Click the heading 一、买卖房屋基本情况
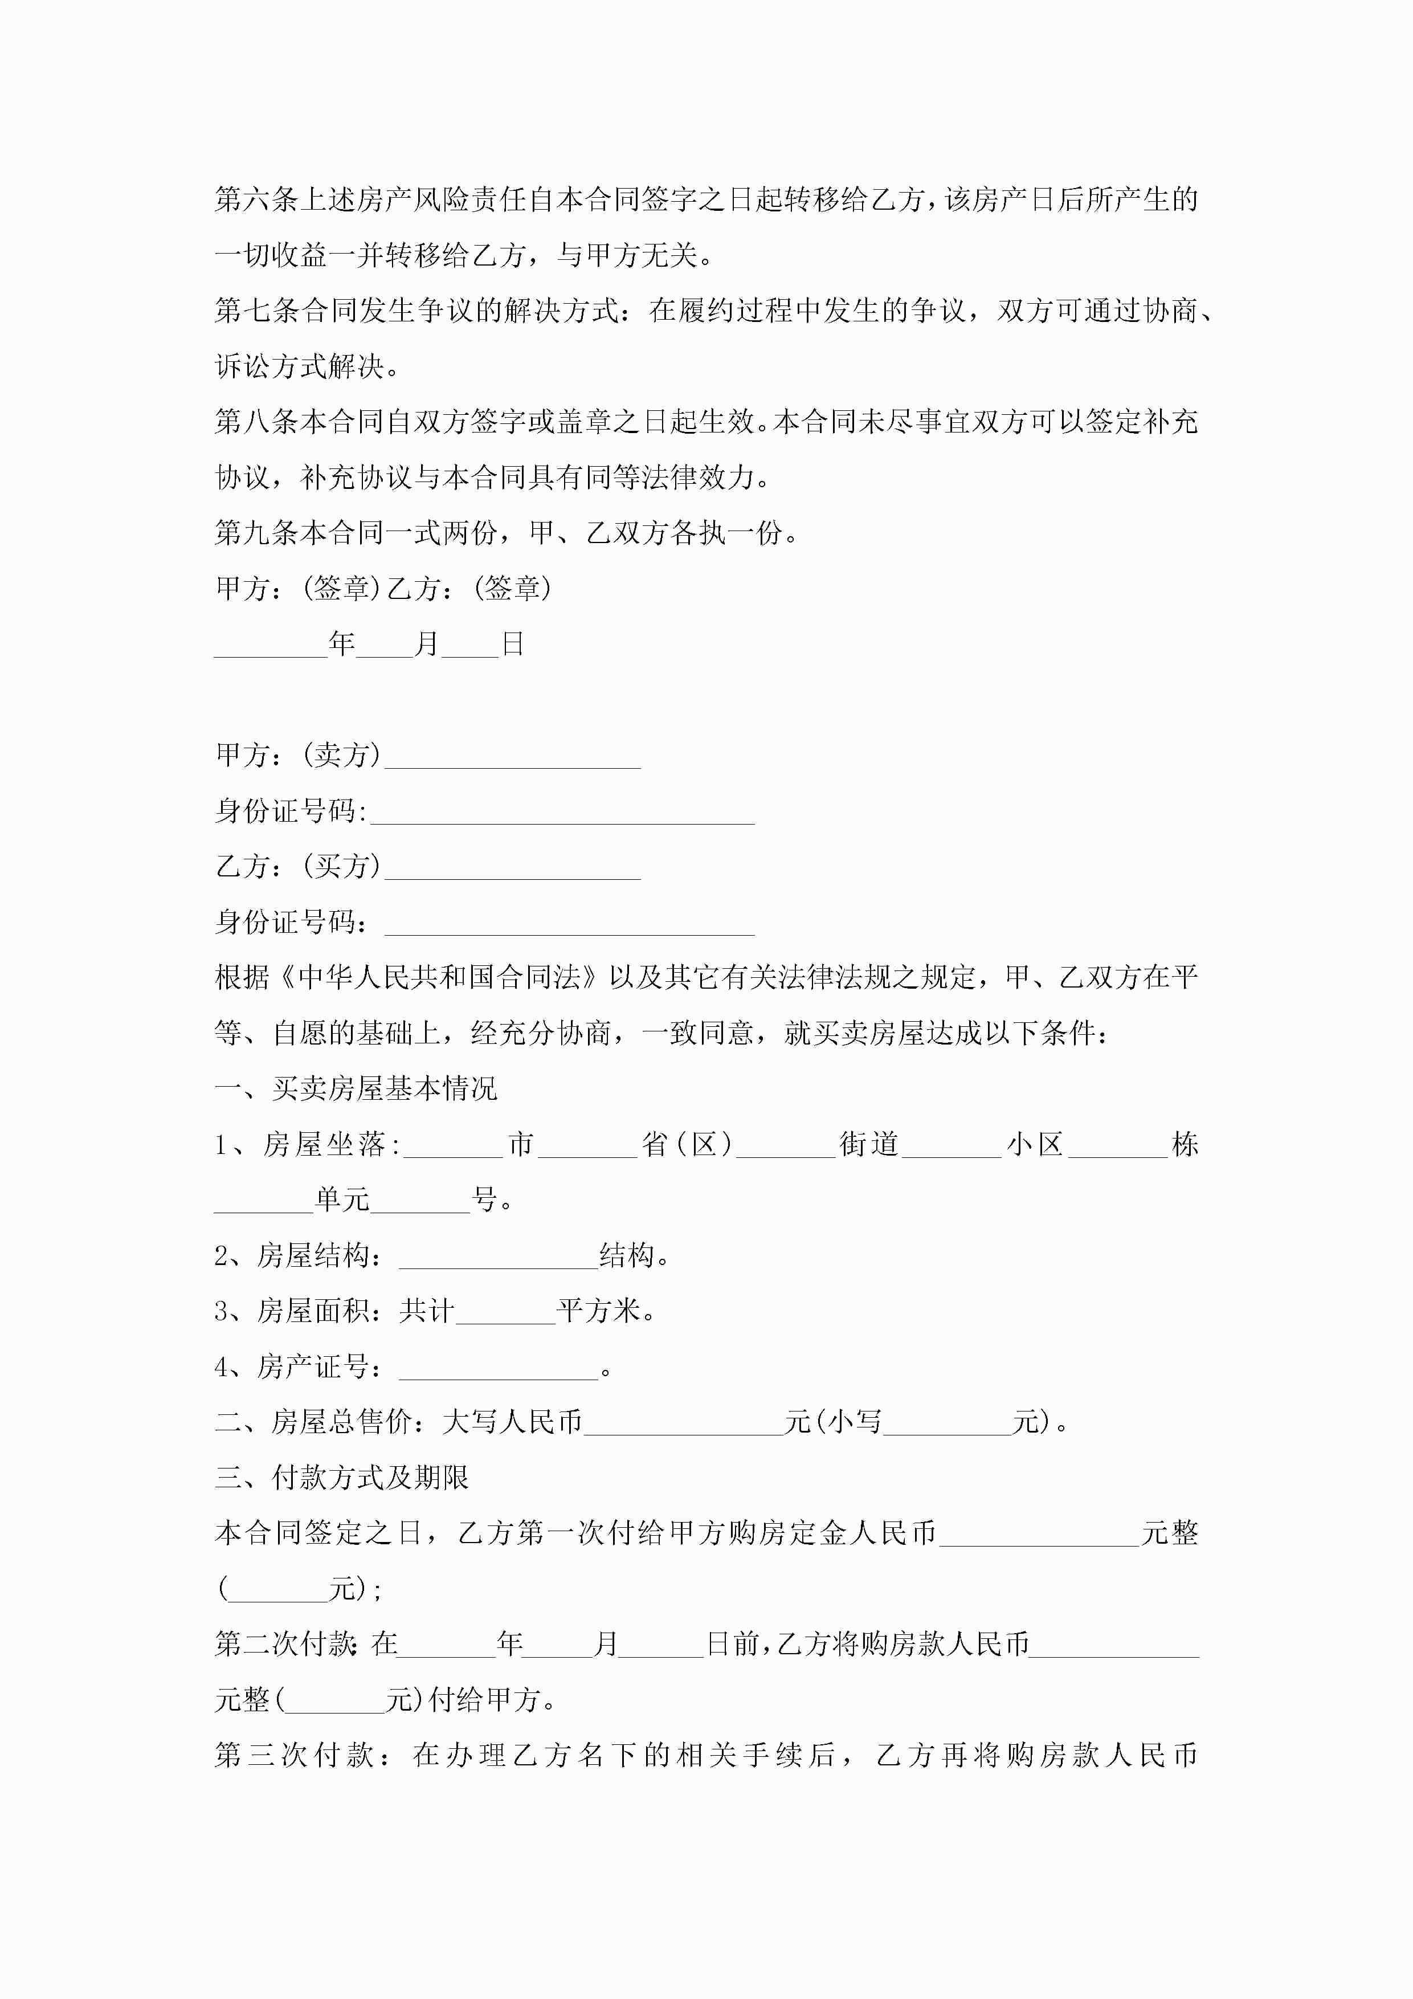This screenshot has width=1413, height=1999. click(356, 1089)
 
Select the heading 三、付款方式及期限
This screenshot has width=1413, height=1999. click(342, 1478)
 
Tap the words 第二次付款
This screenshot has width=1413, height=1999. click(285, 1644)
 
